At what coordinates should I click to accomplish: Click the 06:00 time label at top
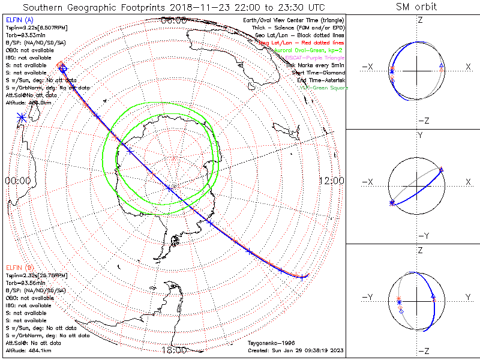pos(174,20)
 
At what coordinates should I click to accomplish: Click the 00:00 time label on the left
pos(17,180)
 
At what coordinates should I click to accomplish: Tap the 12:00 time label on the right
pos(331,180)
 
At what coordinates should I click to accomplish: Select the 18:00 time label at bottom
pos(174,350)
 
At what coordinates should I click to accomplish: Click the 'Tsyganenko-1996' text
pos(267,342)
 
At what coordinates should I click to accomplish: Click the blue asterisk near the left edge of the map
pos(22,117)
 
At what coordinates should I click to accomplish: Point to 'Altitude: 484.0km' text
pos(28,103)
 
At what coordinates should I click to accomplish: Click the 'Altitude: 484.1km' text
pos(28,350)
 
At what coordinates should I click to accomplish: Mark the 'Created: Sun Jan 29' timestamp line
pos(295,350)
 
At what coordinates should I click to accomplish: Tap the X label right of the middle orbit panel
pos(467,182)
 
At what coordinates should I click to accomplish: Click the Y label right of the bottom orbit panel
pos(467,297)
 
